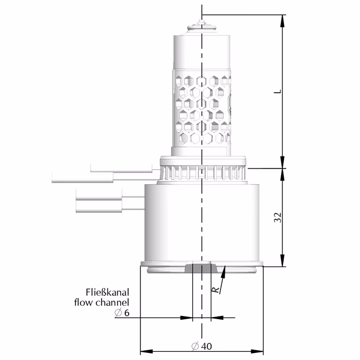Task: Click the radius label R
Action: pos(217,290)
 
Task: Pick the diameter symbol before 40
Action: pos(195,346)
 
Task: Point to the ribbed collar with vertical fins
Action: pos(202,171)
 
